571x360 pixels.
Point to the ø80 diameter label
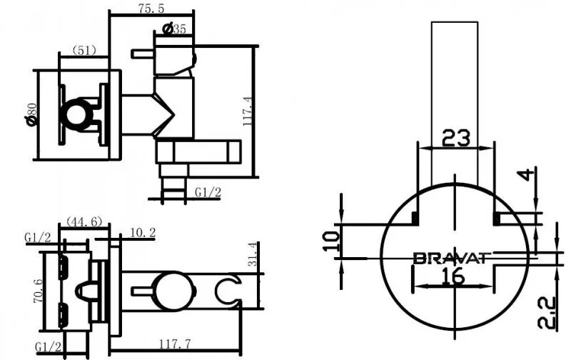coord(31,114)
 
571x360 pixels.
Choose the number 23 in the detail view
coord(455,137)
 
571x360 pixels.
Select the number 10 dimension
coord(329,239)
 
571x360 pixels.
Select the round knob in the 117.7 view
coord(173,289)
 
